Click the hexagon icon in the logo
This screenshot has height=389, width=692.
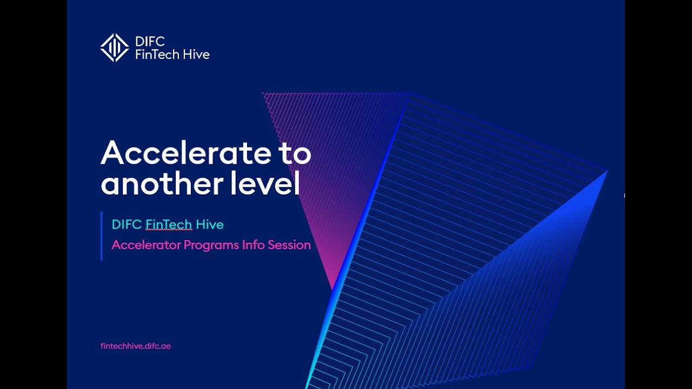pyautogui.click(x=115, y=48)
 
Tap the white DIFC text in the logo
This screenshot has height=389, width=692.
pyautogui.click(x=150, y=42)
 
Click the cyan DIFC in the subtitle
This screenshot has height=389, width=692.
pyautogui.click(x=127, y=224)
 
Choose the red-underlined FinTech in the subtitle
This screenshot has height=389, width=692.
pyautogui.click(x=169, y=224)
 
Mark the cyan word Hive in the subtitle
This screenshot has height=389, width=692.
pyautogui.click(x=210, y=224)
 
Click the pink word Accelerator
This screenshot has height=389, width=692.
pyautogui.click(x=146, y=245)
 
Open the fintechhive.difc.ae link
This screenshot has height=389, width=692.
pyautogui.click(x=136, y=346)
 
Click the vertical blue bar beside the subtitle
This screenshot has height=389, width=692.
pyautogui.click(x=102, y=236)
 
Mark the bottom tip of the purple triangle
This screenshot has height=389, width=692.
pyautogui.click(x=332, y=288)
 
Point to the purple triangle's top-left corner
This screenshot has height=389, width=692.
pyautogui.click(x=263, y=93)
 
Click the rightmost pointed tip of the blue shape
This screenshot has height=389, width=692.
pyautogui.click(x=607, y=171)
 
